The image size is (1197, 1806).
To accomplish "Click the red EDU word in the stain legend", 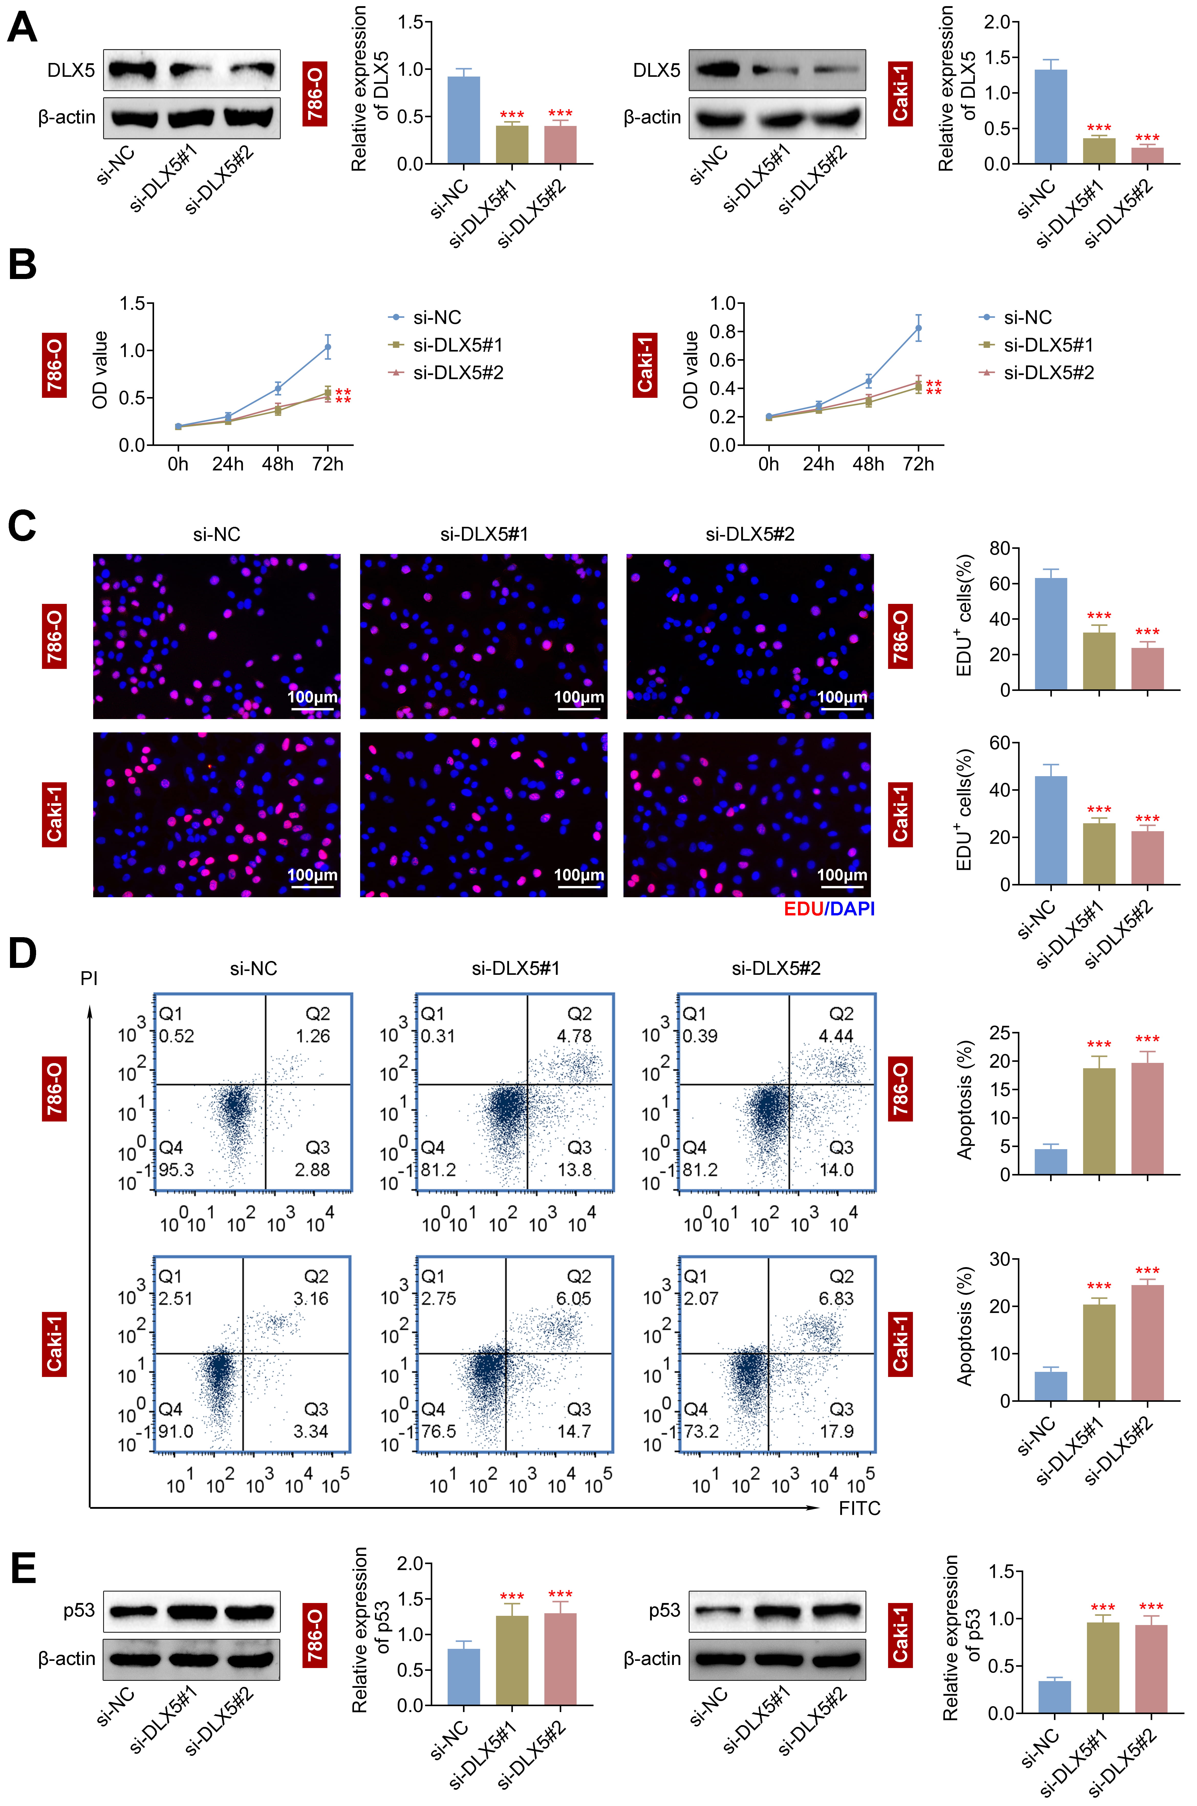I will [x=803, y=909].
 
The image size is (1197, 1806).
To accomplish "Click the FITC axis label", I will [x=860, y=1508].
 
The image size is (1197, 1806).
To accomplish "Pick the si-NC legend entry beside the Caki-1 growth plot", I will [x=1027, y=318].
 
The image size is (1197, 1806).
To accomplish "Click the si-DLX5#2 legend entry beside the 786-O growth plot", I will [x=458, y=373].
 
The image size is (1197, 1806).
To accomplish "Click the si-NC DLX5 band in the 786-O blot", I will [x=131, y=70].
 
